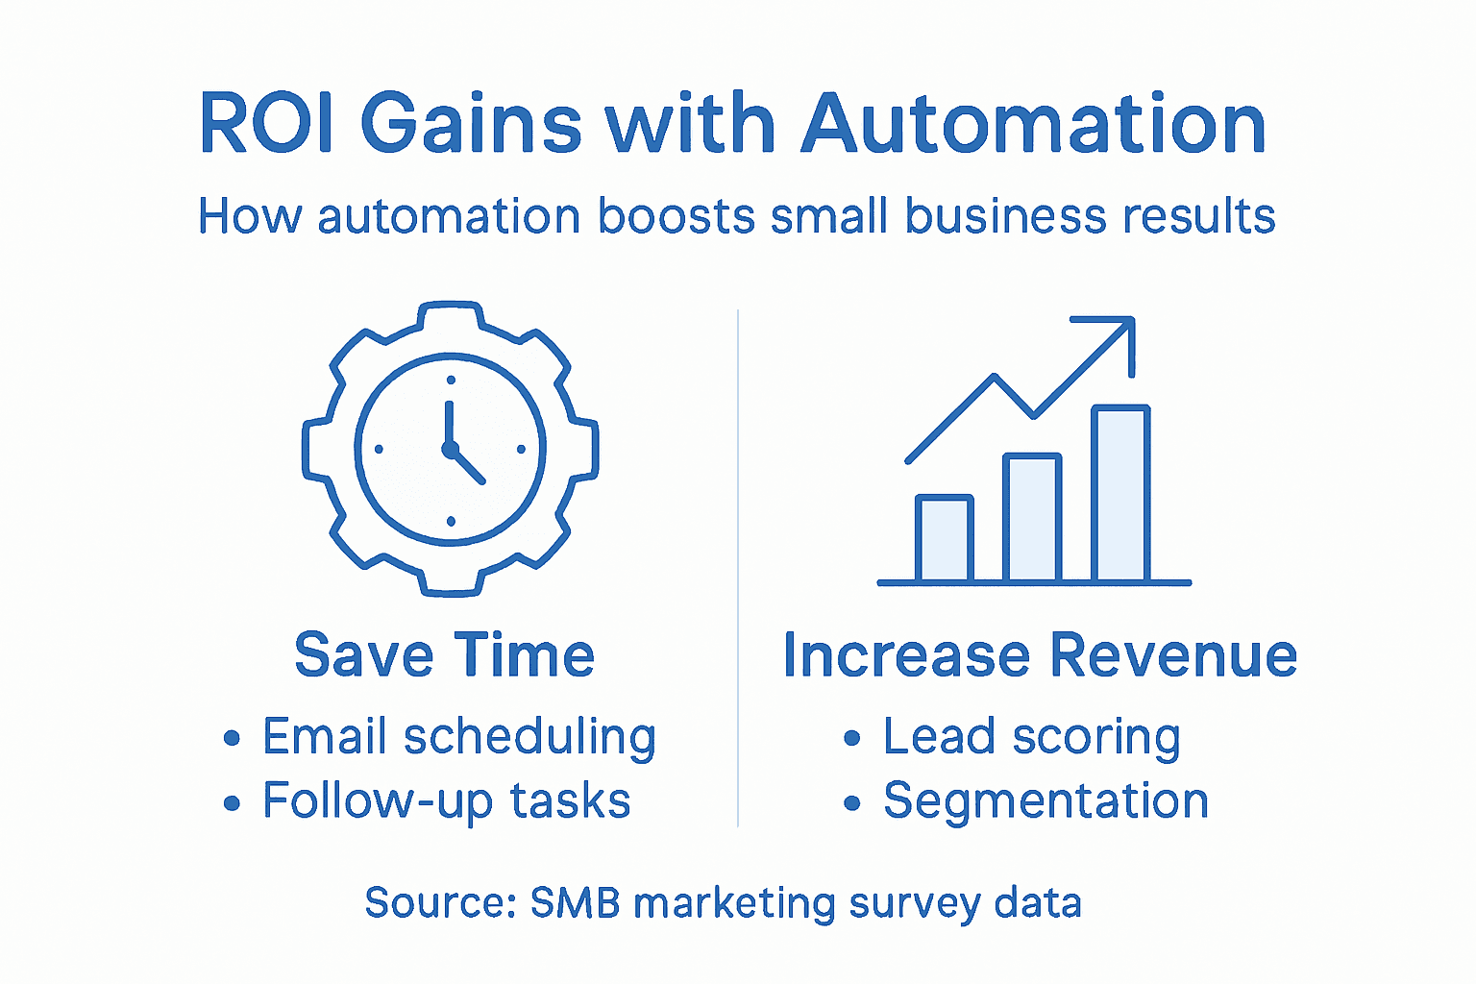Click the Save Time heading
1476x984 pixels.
click(444, 655)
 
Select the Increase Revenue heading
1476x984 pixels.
click(1040, 655)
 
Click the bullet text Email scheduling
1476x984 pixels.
click(459, 738)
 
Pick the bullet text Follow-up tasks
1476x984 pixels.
click(446, 801)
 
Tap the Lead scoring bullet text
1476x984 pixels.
click(1031, 738)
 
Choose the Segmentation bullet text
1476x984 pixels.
click(1045, 801)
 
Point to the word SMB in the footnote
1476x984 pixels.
click(575, 903)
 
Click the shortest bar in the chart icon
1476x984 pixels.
click(945, 540)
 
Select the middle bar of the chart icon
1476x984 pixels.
click(1032, 519)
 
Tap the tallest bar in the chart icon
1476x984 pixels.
click(1120, 495)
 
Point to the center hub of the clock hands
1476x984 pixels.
click(449, 449)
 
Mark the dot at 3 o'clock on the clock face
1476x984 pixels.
click(522, 449)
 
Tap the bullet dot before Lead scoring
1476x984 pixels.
click(851, 739)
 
